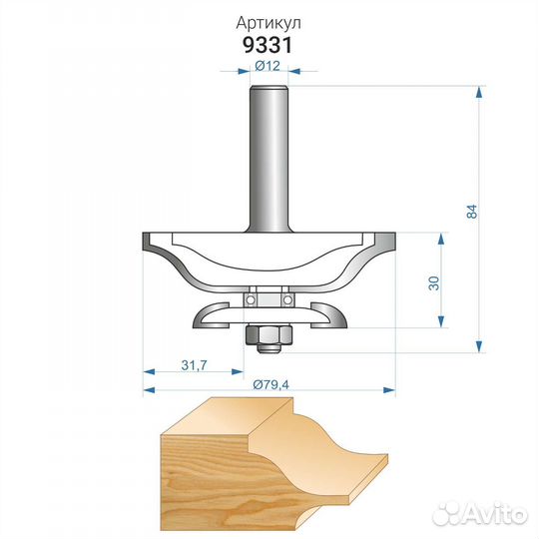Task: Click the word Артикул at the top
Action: click(269, 23)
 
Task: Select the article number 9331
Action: click(268, 45)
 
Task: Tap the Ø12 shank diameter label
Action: click(268, 65)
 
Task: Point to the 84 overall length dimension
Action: click(472, 211)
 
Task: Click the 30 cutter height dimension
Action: click(434, 282)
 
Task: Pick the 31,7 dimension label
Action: click(194, 365)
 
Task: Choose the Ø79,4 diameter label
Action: click(270, 384)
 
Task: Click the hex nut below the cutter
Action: click(269, 334)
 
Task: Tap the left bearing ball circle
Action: click(251, 300)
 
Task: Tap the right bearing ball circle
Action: click(287, 300)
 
